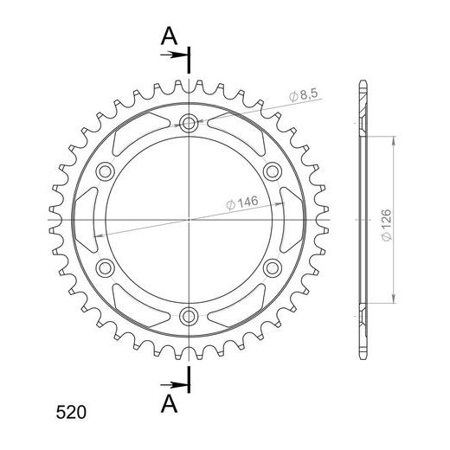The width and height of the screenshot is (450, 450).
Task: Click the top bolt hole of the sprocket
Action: pyautogui.click(x=189, y=124)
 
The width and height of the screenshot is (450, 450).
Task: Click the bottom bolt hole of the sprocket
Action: pyautogui.click(x=189, y=315)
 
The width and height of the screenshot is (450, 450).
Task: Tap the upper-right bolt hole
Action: pyautogui.click(x=271, y=170)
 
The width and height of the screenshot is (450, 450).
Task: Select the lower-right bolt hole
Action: pyautogui.click(x=271, y=267)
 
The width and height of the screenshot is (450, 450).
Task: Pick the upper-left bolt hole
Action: pyautogui.click(x=106, y=170)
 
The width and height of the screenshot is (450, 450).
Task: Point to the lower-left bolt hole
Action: pyautogui.click(x=106, y=267)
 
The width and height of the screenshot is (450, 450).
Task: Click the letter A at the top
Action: pyautogui.click(x=170, y=35)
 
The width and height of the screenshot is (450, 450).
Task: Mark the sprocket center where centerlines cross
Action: pyautogui.click(x=189, y=220)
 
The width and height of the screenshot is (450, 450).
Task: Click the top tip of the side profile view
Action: pyautogui.click(x=362, y=83)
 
